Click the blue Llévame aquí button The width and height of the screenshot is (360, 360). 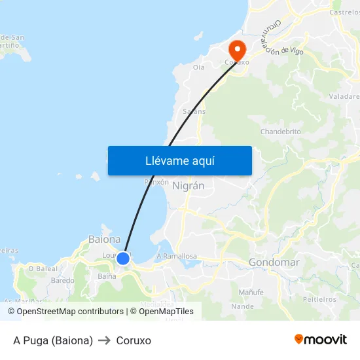tap(179, 160)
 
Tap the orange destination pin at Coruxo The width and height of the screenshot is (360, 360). tap(236, 49)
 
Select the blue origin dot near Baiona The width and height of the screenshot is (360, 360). tap(122, 259)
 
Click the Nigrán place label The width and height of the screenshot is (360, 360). tap(189, 186)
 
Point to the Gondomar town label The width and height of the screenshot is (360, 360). tap(274, 262)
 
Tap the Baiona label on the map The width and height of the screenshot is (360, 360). tap(105, 240)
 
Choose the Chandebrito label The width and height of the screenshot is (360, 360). tap(280, 132)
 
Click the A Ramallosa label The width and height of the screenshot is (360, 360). tap(177, 257)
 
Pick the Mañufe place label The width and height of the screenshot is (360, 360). tap(251, 291)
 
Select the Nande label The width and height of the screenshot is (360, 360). tap(242, 306)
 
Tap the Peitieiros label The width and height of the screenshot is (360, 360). tap(320, 299)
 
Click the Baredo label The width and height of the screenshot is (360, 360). tap(63, 280)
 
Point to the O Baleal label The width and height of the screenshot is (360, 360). tap(43, 268)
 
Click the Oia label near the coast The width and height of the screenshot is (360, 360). tap(199, 67)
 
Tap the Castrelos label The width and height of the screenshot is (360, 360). tap(344, 12)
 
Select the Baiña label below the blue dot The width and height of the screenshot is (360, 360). tap(107, 276)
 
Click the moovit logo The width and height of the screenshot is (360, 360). tap(320, 340)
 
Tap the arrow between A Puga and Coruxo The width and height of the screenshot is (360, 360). tap(105, 340)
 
